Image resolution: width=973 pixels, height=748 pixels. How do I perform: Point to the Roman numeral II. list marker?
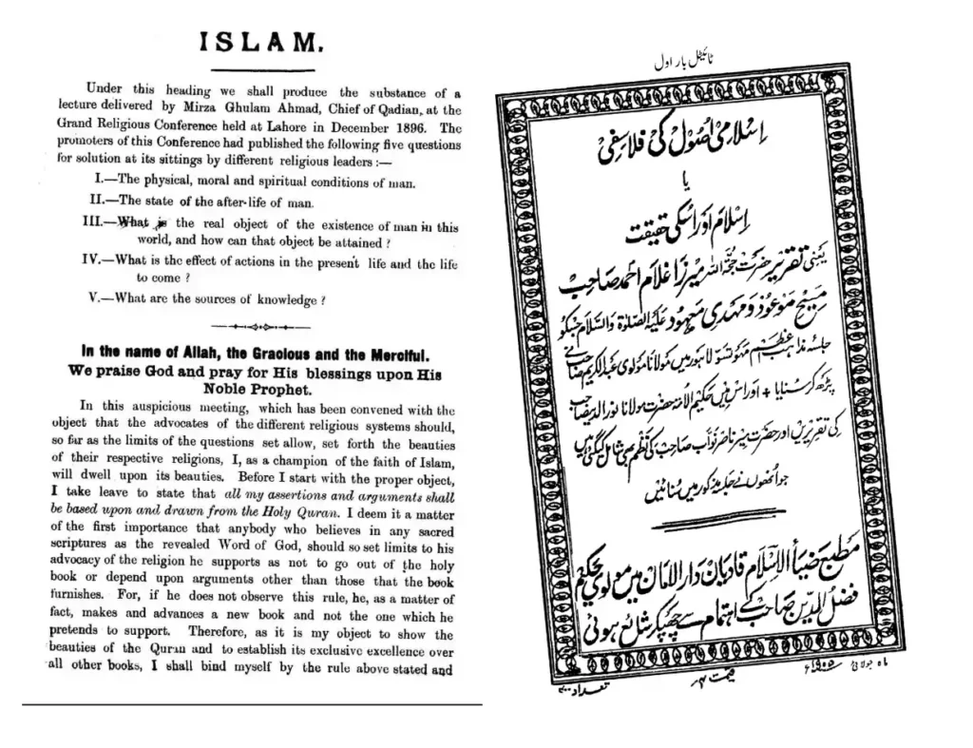coord(100,201)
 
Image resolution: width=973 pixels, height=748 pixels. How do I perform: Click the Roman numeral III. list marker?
coord(99,224)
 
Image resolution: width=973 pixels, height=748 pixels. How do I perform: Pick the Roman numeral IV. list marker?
coord(99,263)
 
